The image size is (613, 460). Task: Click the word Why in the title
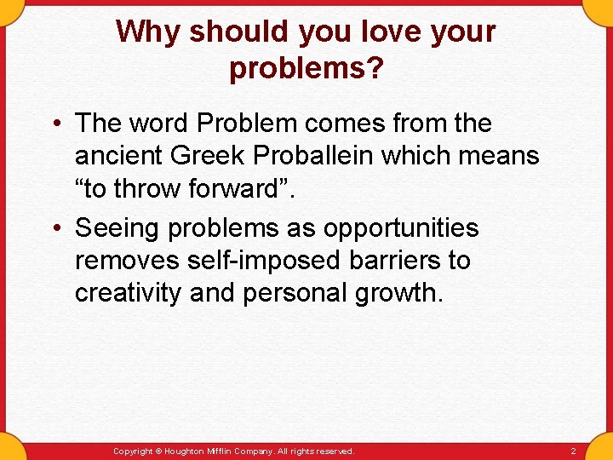(x=148, y=32)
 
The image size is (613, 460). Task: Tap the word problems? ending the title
(x=306, y=69)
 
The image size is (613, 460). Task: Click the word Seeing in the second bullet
(x=117, y=229)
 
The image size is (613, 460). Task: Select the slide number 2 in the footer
(x=573, y=451)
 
